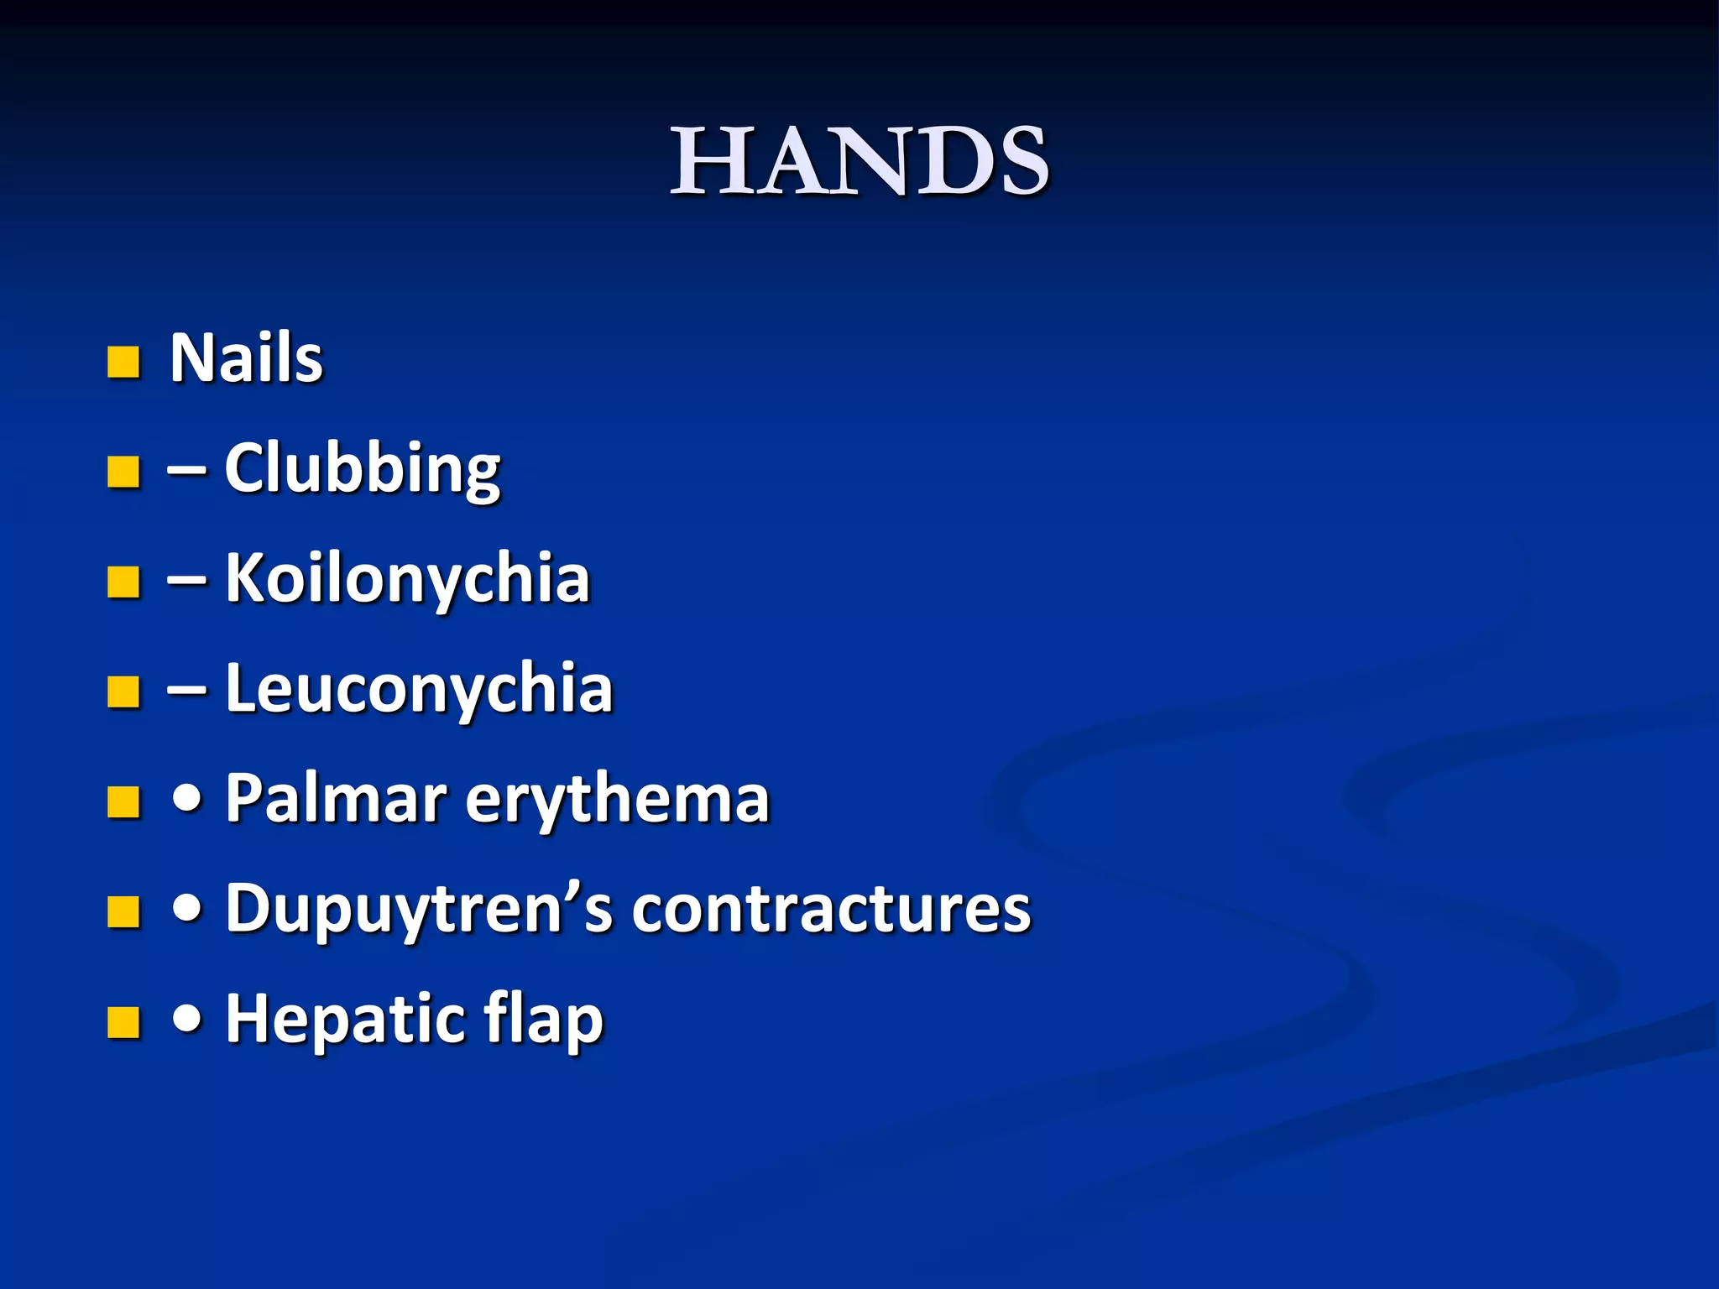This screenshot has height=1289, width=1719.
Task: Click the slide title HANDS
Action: [x=859, y=161]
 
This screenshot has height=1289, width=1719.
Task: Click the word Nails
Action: [x=246, y=358]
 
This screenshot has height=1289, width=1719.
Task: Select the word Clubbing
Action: [x=362, y=469]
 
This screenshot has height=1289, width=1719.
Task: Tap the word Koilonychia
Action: [x=407, y=579]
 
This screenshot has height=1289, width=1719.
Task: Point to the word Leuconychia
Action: [x=419, y=689]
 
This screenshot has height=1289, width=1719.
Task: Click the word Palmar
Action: [x=336, y=799]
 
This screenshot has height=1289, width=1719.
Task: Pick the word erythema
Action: [x=617, y=799]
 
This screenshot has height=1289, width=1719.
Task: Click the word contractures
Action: [x=831, y=910]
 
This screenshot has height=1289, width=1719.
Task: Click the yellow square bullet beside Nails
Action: [x=123, y=363]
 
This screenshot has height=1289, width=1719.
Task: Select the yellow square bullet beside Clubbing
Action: [x=123, y=472]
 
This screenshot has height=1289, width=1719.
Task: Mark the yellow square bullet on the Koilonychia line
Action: [x=123, y=582]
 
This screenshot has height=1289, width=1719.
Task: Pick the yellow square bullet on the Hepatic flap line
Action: [x=123, y=1023]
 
